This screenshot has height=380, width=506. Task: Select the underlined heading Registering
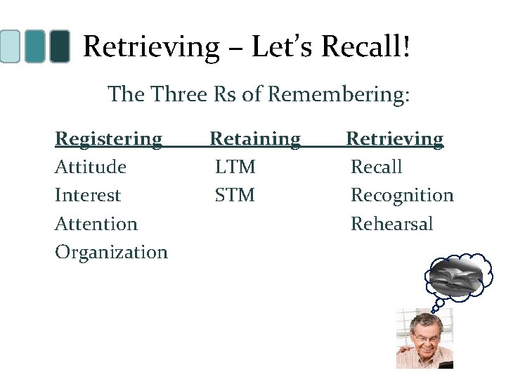point(108,139)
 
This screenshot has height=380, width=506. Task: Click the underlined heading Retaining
point(256,139)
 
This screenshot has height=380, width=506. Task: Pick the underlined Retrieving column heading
point(396,139)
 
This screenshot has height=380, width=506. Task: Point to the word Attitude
point(91,167)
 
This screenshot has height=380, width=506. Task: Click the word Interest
point(88,195)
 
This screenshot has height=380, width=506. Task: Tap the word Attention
point(96,224)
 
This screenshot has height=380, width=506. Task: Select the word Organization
point(111,252)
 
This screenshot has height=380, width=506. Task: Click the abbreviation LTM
point(235,167)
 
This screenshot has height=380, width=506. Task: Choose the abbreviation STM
point(235,195)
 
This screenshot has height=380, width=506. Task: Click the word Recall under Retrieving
point(377,167)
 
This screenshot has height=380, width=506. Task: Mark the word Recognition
point(402,195)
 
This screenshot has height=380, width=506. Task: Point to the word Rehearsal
point(392,224)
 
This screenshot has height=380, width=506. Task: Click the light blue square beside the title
point(10,46)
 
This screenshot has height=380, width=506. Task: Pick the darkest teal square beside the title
point(61,46)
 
